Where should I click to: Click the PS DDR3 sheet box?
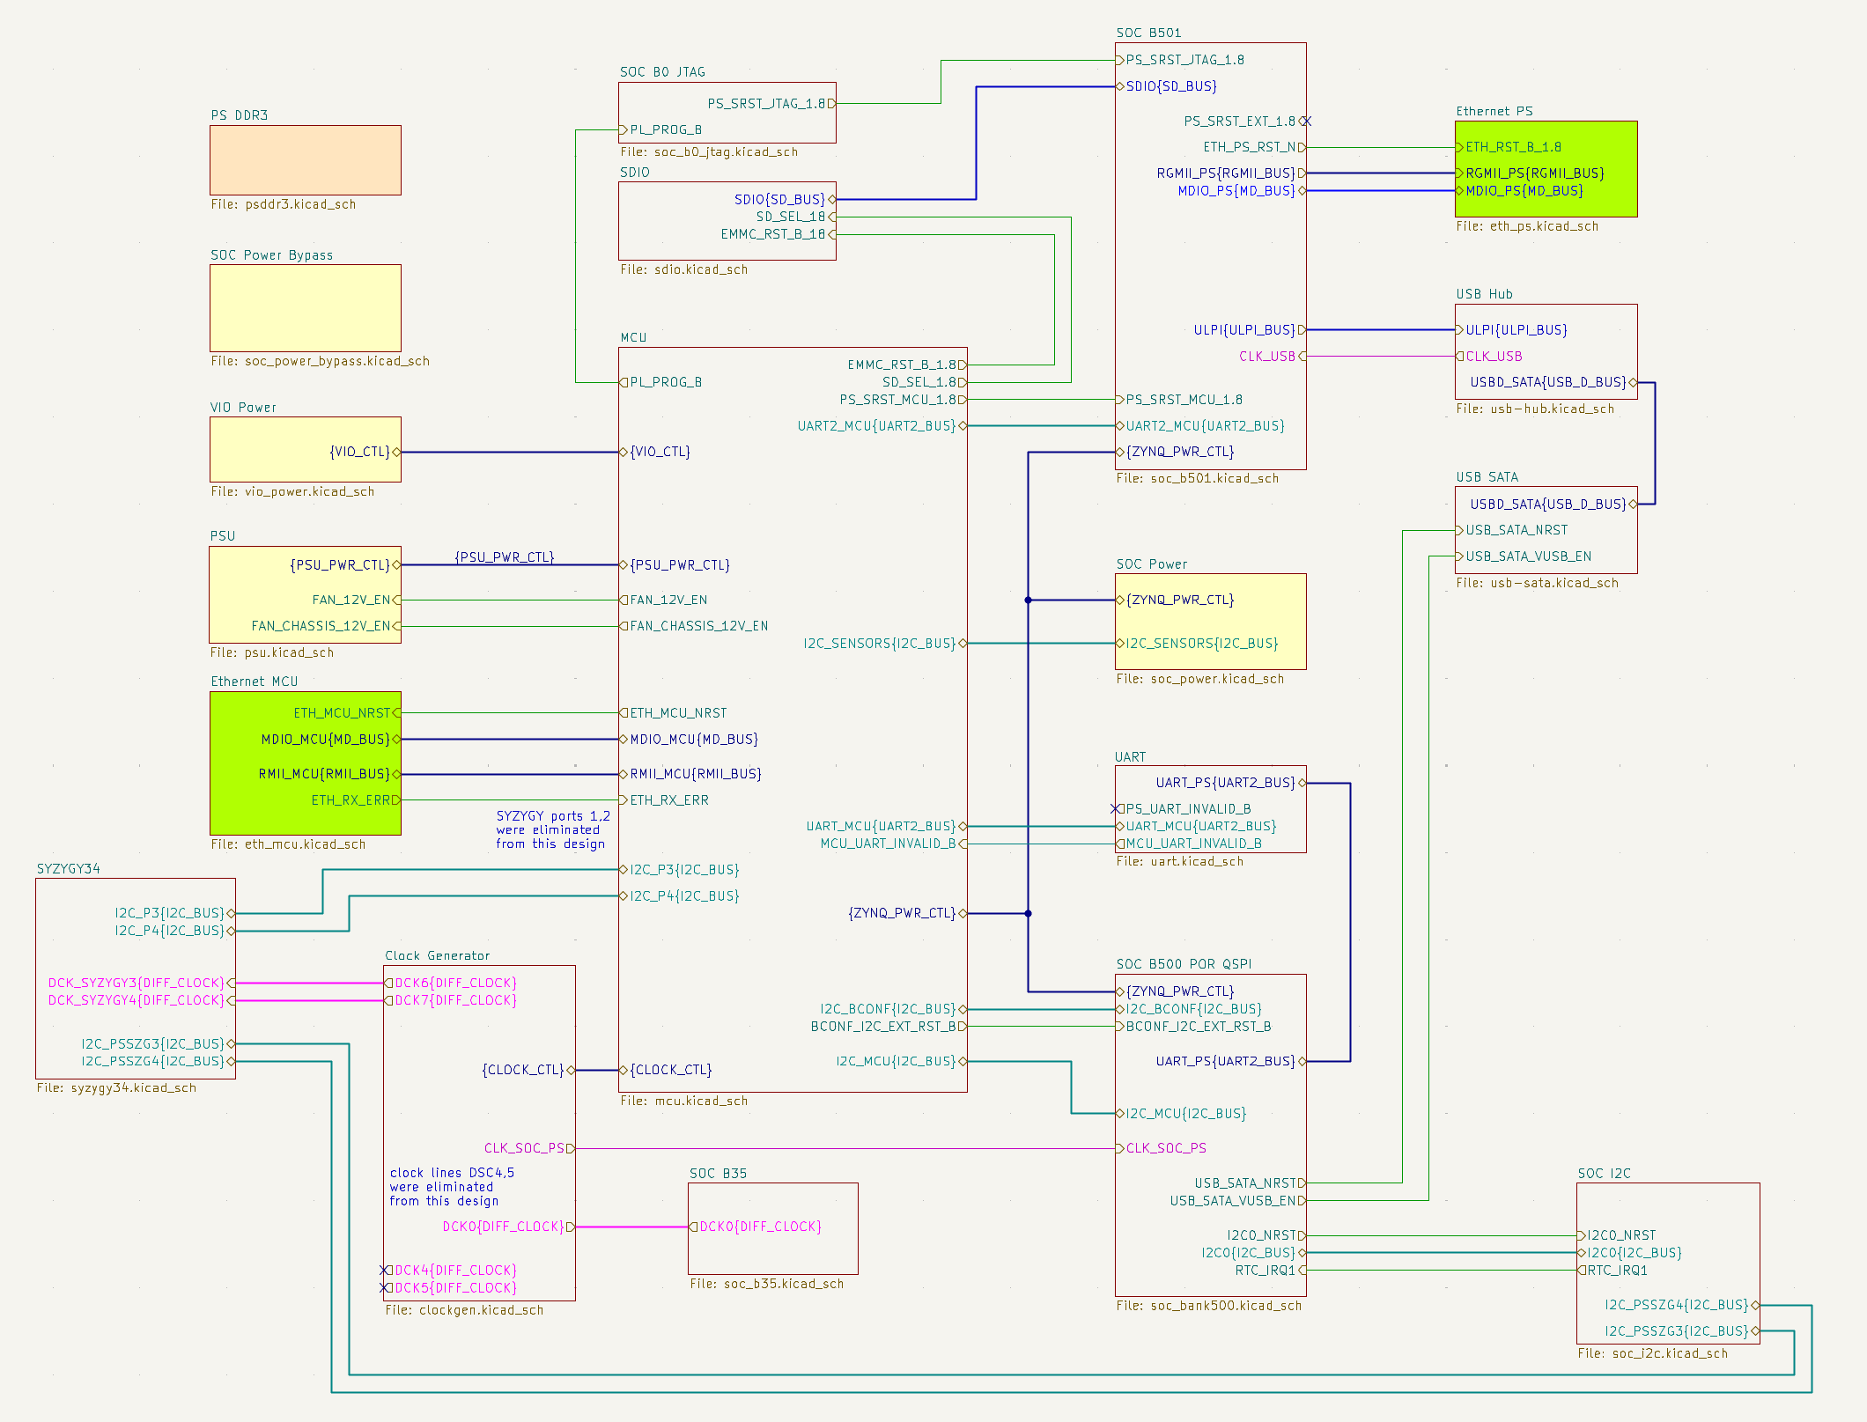tap(305, 159)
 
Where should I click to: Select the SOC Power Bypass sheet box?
tap(305, 307)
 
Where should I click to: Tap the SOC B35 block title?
tap(718, 1173)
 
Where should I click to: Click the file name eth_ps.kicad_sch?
tap(1526, 226)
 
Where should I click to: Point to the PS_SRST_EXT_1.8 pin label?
tap(1239, 122)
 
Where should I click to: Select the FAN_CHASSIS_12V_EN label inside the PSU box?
tap(321, 626)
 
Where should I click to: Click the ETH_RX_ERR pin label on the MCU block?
tap(668, 800)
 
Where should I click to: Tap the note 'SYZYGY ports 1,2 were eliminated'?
tap(552, 829)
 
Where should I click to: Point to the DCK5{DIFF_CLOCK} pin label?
tap(455, 1288)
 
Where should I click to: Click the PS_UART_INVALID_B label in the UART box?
tap(1188, 809)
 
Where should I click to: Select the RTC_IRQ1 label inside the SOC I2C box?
tap(1617, 1271)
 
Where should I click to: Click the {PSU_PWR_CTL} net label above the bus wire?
tap(504, 557)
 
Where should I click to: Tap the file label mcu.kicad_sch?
tap(683, 1101)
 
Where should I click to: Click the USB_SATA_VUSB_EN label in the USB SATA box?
tap(1528, 556)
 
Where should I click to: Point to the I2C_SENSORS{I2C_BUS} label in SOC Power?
tap(1201, 644)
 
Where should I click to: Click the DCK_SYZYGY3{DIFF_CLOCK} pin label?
tap(137, 984)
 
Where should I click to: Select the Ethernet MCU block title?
tap(254, 682)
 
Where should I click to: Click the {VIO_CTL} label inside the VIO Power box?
tap(359, 452)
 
